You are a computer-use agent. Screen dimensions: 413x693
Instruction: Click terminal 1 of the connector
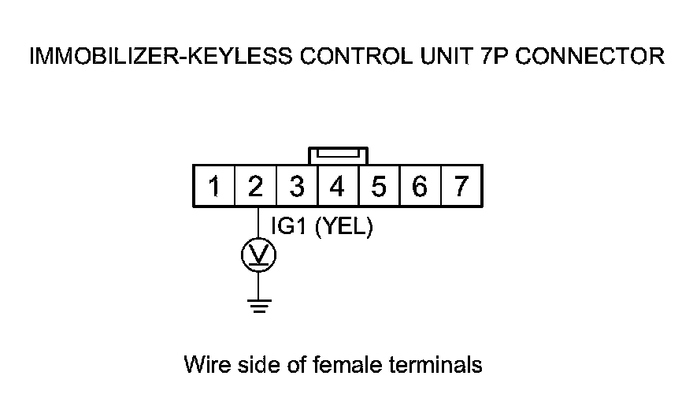pyautogui.click(x=213, y=187)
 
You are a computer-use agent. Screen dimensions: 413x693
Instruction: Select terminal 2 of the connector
pyautogui.click(x=255, y=187)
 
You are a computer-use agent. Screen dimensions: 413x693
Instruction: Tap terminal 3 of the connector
pyautogui.click(x=297, y=187)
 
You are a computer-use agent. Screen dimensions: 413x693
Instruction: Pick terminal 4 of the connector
pyautogui.click(x=338, y=187)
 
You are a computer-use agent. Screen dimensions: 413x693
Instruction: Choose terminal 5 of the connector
pyautogui.click(x=379, y=187)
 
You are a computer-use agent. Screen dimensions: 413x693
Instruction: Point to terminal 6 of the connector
pyautogui.click(x=421, y=187)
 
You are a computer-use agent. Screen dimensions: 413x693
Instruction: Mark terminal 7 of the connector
pyautogui.click(x=461, y=187)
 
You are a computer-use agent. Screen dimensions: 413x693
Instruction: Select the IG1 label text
pyautogui.click(x=288, y=227)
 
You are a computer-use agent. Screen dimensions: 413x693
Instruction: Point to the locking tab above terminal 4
pyautogui.click(x=338, y=154)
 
